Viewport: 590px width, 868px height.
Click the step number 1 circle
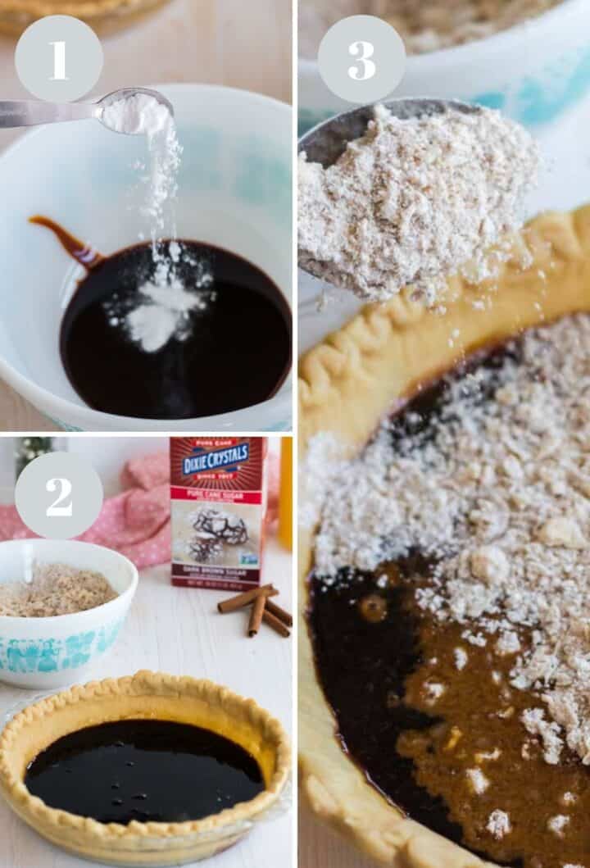click(58, 58)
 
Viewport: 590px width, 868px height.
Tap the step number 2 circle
click(58, 495)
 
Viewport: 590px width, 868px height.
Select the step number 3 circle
click(361, 58)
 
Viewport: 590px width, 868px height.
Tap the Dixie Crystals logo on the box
click(216, 464)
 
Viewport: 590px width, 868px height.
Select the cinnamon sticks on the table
click(258, 610)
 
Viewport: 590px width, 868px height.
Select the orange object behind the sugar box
click(285, 492)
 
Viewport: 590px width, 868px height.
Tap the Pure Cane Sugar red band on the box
click(216, 496)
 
